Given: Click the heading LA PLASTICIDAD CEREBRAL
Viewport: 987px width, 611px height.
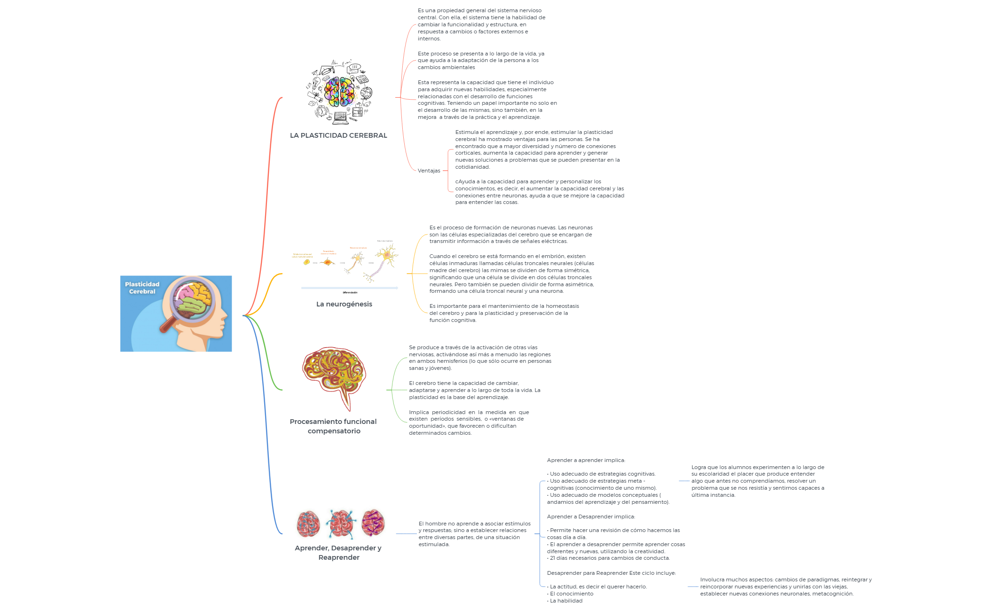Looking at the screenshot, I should (338, 135).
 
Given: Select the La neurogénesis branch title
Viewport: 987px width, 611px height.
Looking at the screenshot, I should (344, 304).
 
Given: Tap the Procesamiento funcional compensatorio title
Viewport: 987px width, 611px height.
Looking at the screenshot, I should (333, 426).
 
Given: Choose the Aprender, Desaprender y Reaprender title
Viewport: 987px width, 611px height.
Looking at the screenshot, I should (338, 553).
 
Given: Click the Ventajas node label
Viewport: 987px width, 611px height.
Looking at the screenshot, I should (429, 171).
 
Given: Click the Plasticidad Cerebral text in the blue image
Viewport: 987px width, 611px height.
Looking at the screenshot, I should (142, 288).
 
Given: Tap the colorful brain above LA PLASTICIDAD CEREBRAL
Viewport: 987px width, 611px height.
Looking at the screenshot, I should (340, 91).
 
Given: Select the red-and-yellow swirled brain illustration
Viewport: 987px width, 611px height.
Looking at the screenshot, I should (334, 374).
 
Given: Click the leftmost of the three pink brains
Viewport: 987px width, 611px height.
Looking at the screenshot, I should (308, 524).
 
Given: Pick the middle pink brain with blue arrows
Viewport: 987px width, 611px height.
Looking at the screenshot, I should (341, 523).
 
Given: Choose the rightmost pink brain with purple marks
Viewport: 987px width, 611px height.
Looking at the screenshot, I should (373, 523).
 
